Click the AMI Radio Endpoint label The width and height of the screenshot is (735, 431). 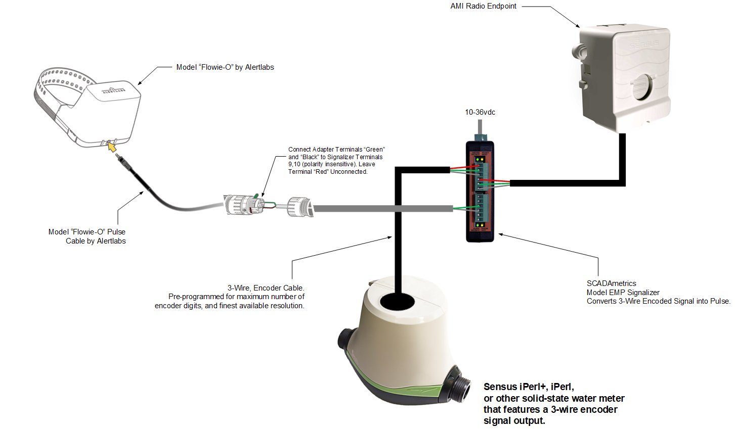tap(483, 7)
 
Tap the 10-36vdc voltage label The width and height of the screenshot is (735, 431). tap(480, 112)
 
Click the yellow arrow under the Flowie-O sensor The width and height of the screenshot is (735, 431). tap(112, 147)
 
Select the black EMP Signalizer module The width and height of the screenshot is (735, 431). tap(482, 192)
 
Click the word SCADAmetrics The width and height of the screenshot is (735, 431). tap(611, 283)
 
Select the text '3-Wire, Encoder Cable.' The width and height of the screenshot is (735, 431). tap(266, 288)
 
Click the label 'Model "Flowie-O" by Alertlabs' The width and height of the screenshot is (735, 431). tap(225, 67)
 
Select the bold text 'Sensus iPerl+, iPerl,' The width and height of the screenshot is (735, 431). tap(529, 387)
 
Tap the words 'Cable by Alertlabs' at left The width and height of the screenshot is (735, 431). tap(96, 241)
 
